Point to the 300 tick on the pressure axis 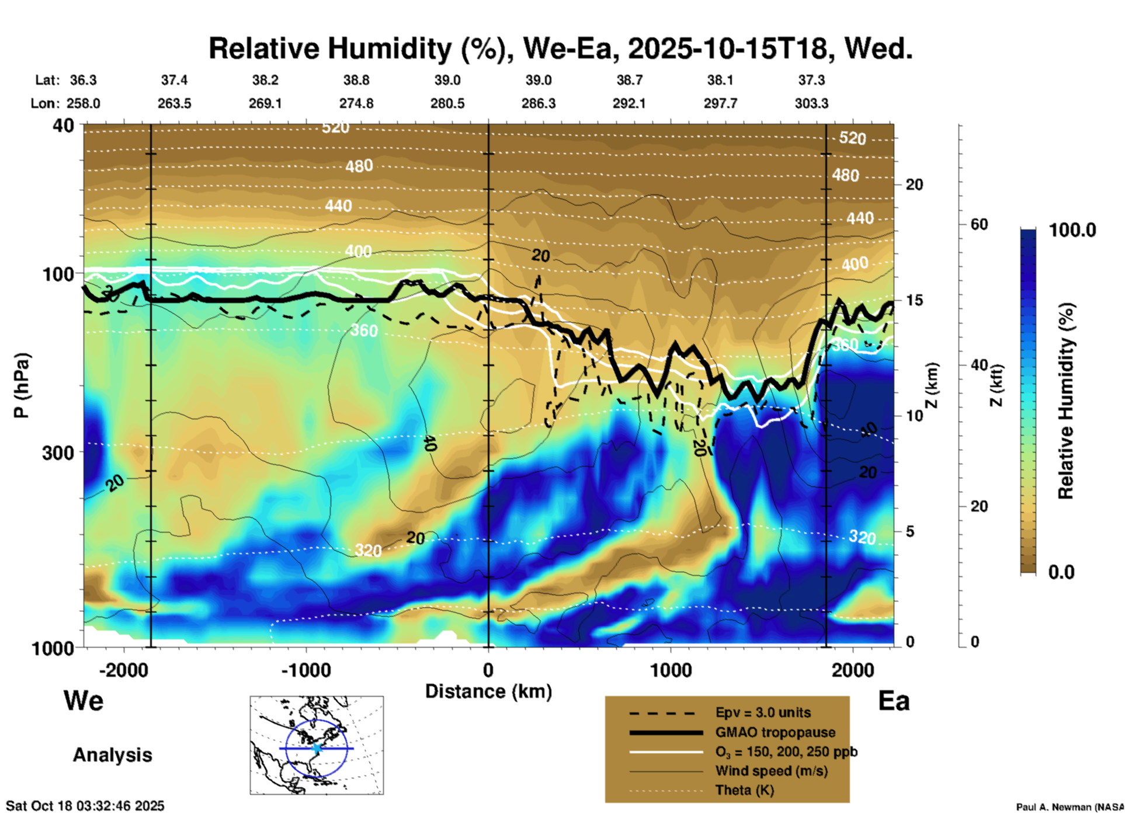(x=58, y=453)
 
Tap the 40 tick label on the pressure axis (x=64, y=126)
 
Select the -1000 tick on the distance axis (x=306, y=670)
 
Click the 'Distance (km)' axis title (x=488, y=691)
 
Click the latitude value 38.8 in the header (x=356, y=80)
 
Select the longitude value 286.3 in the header (x=539, y=103)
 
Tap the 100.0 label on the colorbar (x=1072, y=230)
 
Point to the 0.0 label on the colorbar (x=1061, y=572)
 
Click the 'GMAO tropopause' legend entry (x=775, y=732)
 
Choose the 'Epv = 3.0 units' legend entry (x=763, y=713)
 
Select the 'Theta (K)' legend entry (x=744, y=790)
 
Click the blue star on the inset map (x=317, y=748)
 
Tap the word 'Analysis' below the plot (x=112, y=755)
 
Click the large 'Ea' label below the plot (x=894, y=701)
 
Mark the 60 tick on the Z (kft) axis (x=979, y=224)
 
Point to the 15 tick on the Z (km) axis (x=914, y=300)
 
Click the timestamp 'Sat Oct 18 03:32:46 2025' (x=85, y=806)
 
